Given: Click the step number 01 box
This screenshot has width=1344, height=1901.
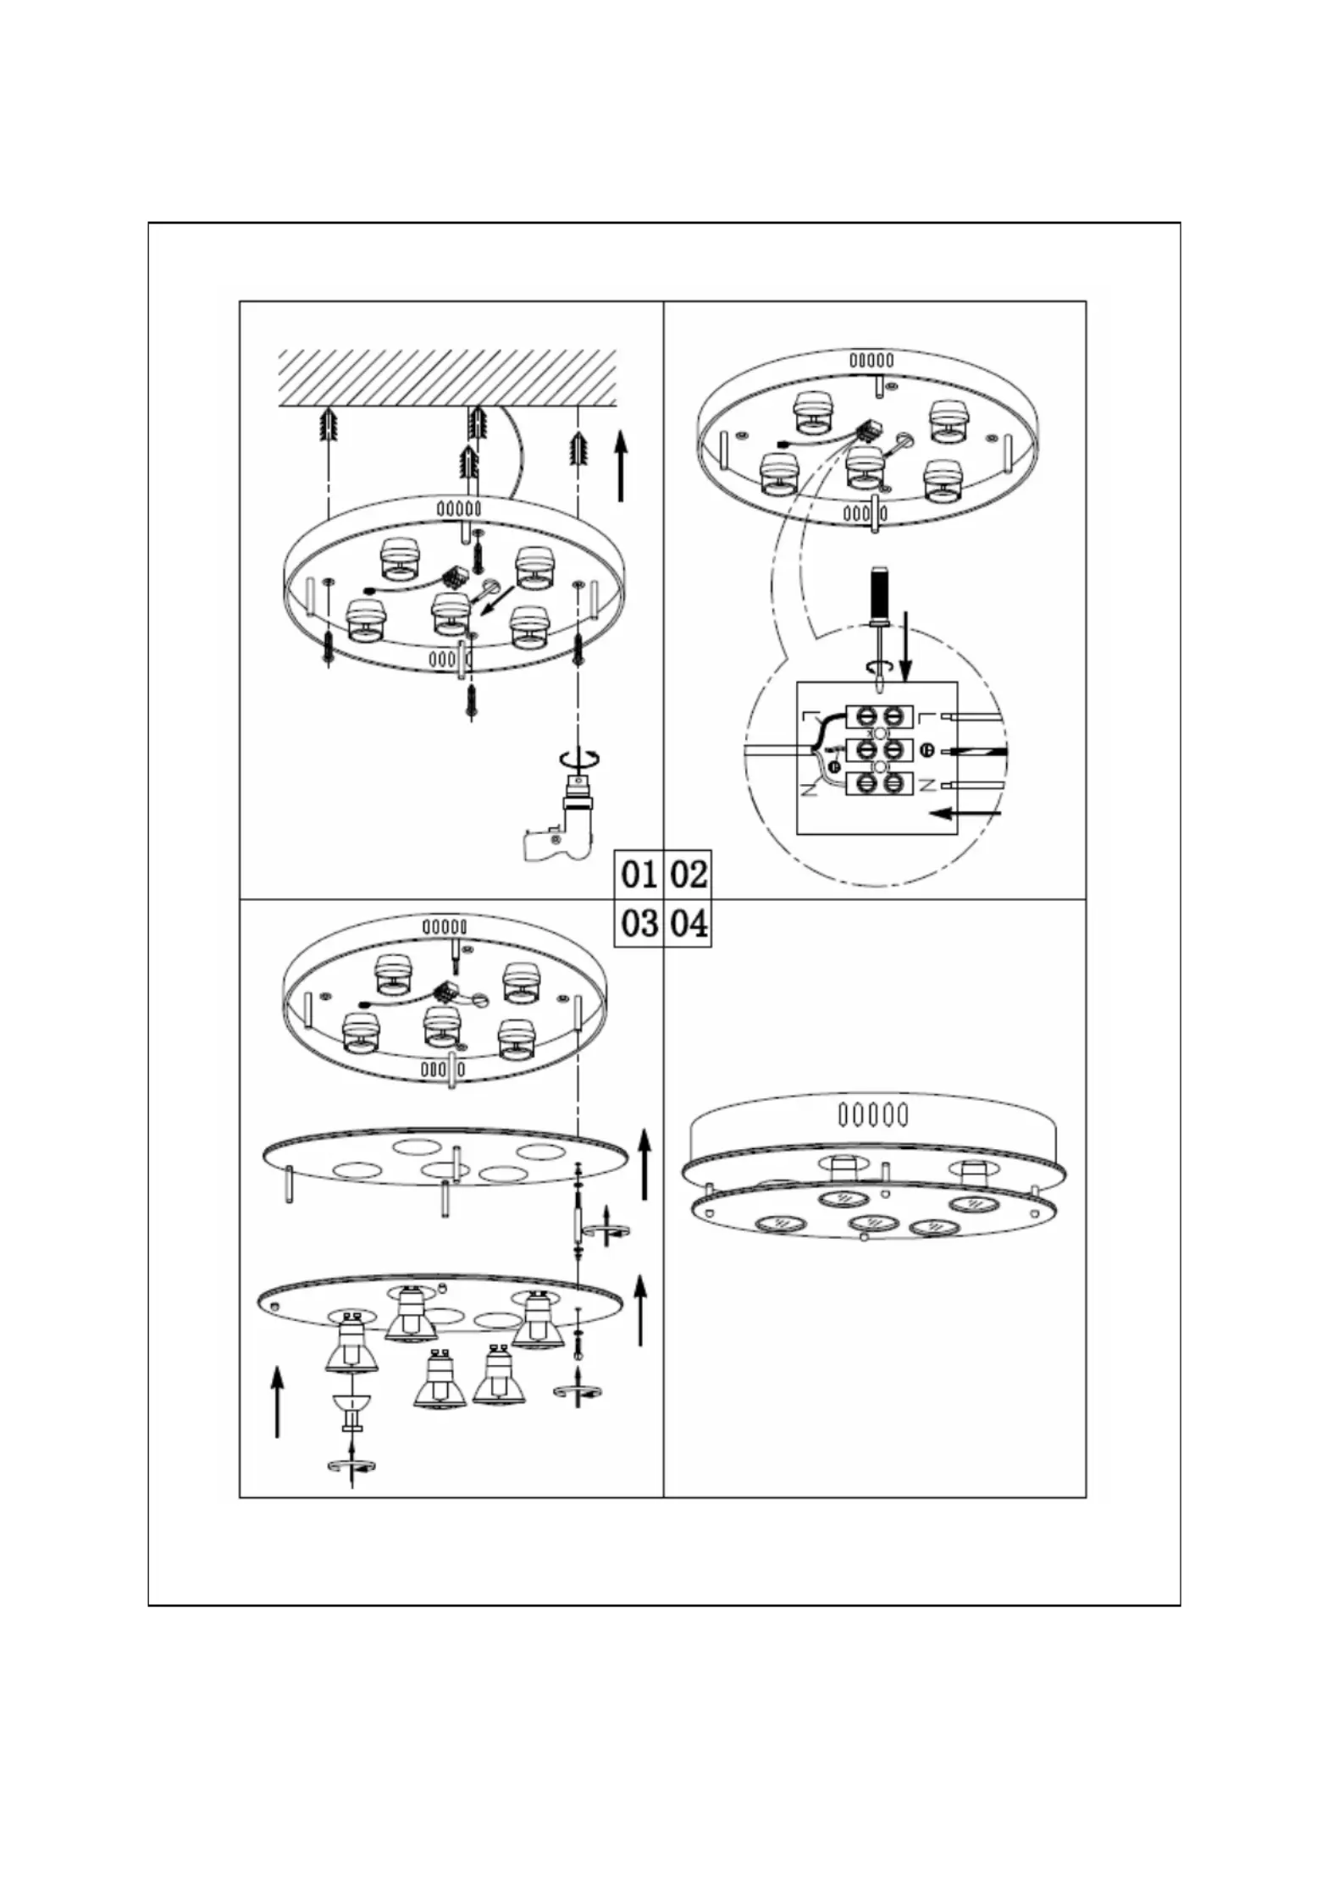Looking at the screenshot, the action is tap(639, 874).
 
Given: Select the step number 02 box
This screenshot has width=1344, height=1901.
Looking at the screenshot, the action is tap(688, 874).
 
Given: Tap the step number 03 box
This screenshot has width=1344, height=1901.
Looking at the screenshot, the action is tap(639, 923).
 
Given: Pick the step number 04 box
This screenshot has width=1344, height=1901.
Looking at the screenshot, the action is tap(688, 923).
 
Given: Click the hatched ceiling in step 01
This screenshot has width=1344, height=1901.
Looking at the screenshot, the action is tap(448, 378).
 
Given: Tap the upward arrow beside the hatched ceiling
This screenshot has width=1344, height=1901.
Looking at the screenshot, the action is tap(621, 465).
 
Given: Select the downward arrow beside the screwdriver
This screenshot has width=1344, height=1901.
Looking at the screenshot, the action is tap(906, 646).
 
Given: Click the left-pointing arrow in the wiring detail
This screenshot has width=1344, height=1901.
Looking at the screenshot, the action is tap(965, 814).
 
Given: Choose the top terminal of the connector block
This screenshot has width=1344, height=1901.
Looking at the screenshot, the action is tap(879, 716).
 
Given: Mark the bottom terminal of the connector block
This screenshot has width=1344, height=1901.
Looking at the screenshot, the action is tap(879, 783).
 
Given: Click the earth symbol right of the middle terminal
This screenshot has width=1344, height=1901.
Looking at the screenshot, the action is tap(926, 750).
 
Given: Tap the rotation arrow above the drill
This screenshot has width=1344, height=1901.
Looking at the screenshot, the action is tap(578, 756).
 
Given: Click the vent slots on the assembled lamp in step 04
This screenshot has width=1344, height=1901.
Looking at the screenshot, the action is tap(872, 1114).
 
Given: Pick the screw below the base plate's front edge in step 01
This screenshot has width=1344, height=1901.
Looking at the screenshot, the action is tap(471, 702).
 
